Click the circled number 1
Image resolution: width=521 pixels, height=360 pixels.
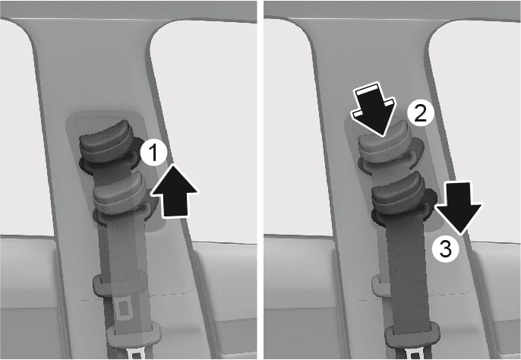[153, 153]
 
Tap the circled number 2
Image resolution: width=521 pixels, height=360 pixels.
[421, 113]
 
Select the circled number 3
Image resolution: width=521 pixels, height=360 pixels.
[446, 248]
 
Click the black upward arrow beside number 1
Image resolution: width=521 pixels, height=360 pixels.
[175, 191]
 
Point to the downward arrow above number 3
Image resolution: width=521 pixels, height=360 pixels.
[459, 208]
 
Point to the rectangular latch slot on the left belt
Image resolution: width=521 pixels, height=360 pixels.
[125, 308]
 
